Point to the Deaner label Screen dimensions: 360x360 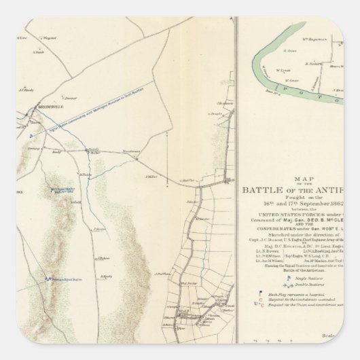69,97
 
